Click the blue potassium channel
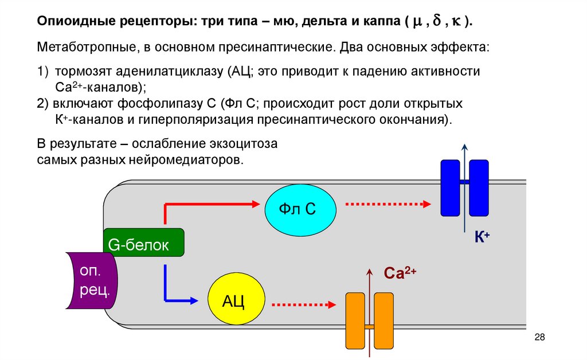(464, 188)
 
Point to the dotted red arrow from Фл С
(386, 204)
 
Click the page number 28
(539, 336)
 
